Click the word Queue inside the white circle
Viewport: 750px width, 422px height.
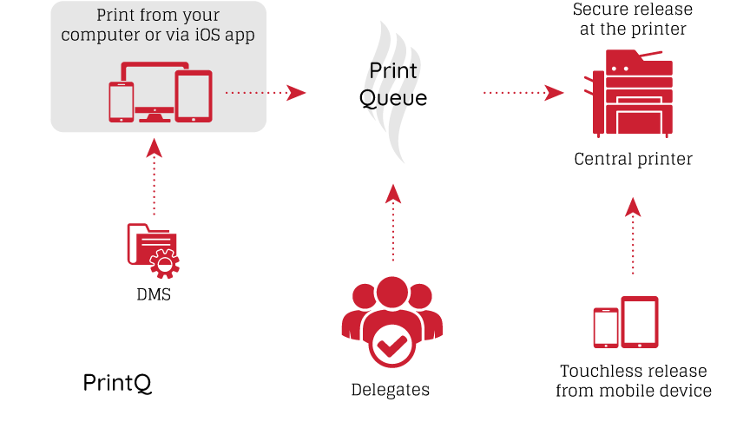(x=393, y=98)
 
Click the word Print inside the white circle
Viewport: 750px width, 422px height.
(x=393, y=70)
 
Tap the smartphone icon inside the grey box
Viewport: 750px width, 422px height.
(x=121, y=102)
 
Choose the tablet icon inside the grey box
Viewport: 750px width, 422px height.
(x=194, y=95)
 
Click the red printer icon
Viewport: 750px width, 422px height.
(x=633, y=93)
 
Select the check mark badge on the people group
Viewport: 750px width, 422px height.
(x=391, y=345)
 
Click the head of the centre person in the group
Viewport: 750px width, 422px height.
(x=392, y=291)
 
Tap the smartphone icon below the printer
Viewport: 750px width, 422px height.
(x=606, y=328)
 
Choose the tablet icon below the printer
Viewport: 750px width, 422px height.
(x=640, y=322)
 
